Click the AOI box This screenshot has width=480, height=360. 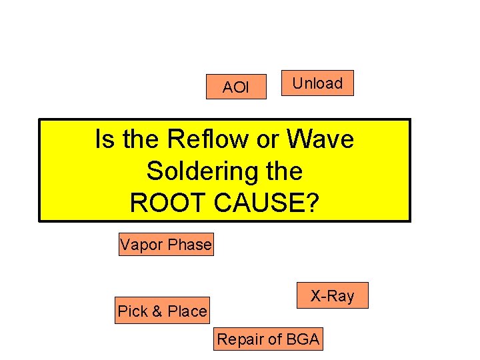[x=235, y=87]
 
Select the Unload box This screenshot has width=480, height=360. [x=317, y=83]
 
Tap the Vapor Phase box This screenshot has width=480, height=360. [x=166, y=245]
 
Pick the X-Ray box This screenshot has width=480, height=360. [x=332, y=295]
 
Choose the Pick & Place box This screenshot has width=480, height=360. [x=162, y=311]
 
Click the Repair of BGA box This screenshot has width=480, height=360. [x=268, y=339]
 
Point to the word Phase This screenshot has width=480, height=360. [x=189, y=245]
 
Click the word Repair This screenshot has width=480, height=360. [x=239, y=340]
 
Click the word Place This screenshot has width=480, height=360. [x=187, y=311]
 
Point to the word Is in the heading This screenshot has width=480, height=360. [x=105, y=140]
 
